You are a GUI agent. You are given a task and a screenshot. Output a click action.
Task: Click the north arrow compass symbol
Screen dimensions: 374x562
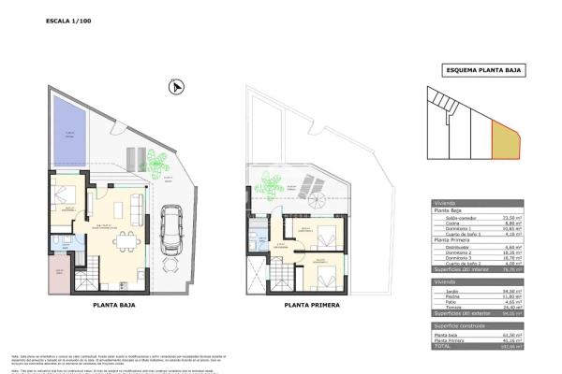pyautogui.click(x=172, y=87)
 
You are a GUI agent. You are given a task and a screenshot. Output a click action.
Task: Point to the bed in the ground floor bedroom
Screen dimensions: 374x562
pyautogui.click(x=65, y=197)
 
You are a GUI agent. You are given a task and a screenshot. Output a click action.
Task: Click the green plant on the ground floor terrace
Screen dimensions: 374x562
pyautogui.click(x=157, y=165)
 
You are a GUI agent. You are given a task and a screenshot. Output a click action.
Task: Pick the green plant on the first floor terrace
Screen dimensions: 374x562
pyautogui.click(x=274, y=184)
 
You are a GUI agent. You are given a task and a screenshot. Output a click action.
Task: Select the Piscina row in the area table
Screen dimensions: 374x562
pyautogui.click(x=479, y=296)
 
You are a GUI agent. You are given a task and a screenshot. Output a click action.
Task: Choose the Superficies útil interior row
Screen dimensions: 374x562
pyautogui.click(x=479, y=273)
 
